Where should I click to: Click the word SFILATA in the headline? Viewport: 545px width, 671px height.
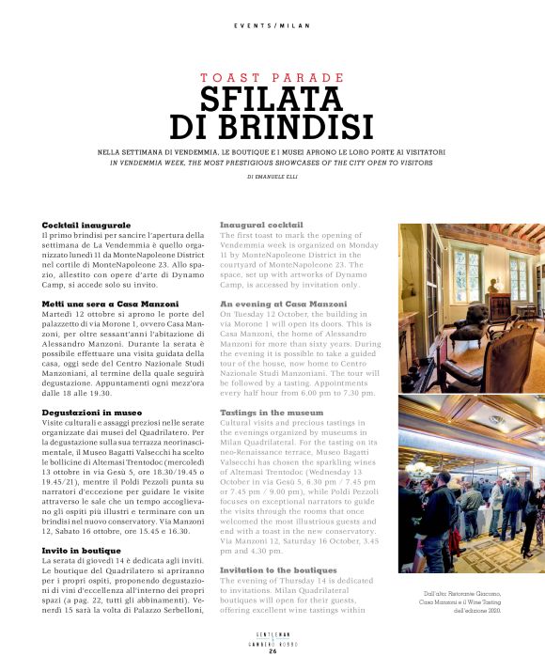(272, 100)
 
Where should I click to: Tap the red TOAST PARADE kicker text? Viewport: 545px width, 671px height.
(272, 77)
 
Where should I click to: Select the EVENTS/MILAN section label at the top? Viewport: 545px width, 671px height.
(272, 25)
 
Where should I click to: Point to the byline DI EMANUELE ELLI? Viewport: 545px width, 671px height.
(272, 176)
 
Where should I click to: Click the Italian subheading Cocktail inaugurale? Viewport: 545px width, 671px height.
(86, 226)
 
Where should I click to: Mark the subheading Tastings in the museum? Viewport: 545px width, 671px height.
(273, 413)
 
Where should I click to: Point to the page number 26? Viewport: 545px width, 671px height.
(272, 651)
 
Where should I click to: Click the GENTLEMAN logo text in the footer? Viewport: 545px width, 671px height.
(272, 635)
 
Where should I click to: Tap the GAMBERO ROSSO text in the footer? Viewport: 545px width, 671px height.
(272, 643)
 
